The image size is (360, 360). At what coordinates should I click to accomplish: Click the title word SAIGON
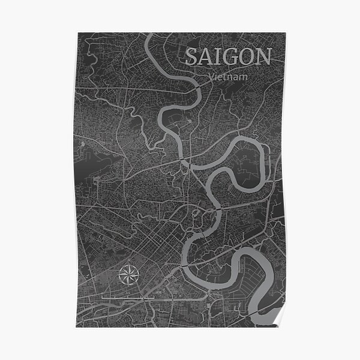point(227,57)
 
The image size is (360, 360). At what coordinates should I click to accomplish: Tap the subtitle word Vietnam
point(229,77)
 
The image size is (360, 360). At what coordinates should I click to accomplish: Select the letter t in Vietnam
point(226,77)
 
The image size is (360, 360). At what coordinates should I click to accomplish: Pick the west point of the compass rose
point(117,275)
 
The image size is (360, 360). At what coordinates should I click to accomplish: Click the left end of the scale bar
point(101,296)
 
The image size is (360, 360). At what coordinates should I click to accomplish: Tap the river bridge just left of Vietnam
point(197,88)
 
